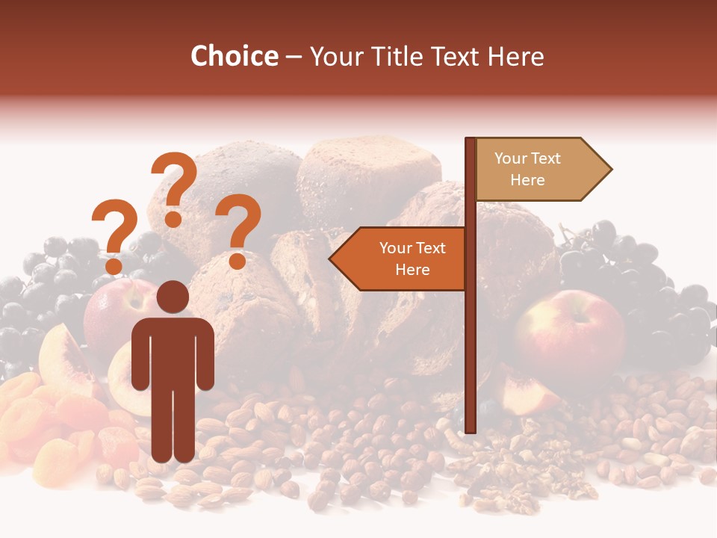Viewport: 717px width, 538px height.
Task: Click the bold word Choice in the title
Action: (234, 57)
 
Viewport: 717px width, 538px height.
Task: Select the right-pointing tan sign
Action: (538, 170)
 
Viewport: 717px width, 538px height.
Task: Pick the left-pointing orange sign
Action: (400, 259)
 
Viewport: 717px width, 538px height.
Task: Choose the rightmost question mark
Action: (239, 228)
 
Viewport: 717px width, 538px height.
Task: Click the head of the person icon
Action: (173, 297)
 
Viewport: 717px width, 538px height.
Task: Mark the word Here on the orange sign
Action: (412, 270)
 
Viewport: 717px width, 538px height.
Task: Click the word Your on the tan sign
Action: (510, 158)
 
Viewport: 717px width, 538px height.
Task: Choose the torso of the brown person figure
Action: (173, 351)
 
